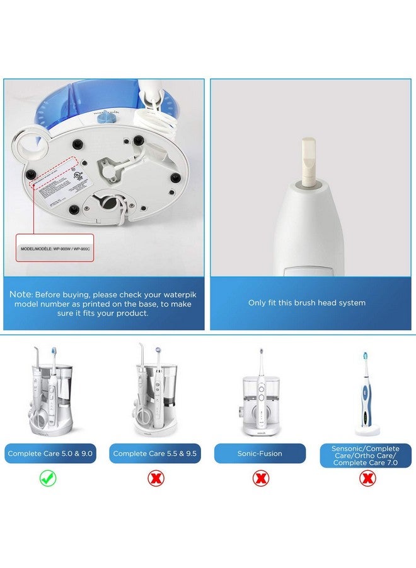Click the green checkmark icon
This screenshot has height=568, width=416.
click(49, 478)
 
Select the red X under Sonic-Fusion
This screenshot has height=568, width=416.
click(260, 478)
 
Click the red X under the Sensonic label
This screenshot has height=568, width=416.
click(365, 478)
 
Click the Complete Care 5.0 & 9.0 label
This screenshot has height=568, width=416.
click(51, 453)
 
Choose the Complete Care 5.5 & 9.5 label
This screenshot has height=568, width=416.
click(155, 453)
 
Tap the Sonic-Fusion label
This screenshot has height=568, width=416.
click(260, 453)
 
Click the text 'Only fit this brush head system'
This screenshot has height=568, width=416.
click(306, 303)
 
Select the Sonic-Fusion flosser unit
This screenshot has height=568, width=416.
click(260, 398)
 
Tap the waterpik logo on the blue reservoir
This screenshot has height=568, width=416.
click(102, 116)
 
